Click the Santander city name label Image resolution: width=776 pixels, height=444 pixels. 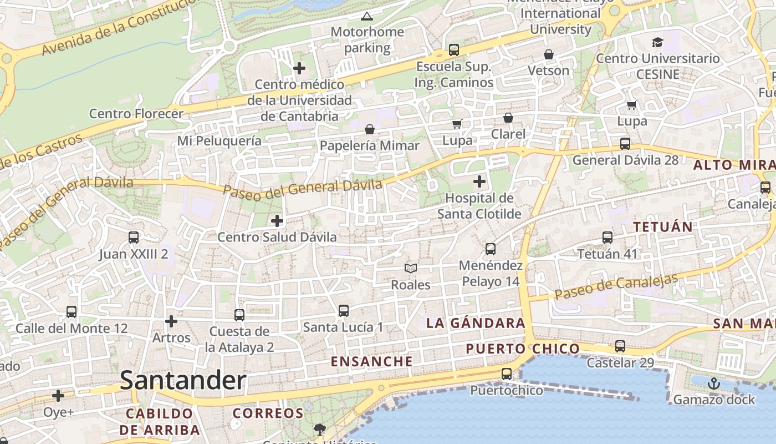click(183, 381)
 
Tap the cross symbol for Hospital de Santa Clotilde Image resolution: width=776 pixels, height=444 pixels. click(479, 181)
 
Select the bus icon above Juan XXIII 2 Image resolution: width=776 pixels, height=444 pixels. click(134, 238)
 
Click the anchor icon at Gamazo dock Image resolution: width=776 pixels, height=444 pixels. click(714, 384)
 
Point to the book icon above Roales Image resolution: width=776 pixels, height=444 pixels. click(411, 269)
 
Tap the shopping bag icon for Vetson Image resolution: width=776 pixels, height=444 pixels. click(549, 54)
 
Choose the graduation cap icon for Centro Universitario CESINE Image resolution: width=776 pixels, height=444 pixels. click(657, 42)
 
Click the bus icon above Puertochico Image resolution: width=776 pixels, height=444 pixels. click(507, 374)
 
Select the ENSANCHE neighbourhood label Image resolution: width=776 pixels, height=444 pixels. click(372, 361)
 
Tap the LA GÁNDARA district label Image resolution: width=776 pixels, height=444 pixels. click(476, 323)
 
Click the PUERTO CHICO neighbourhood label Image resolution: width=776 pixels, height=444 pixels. click(523, 349)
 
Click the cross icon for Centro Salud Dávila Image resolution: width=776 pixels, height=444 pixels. click(277, 221)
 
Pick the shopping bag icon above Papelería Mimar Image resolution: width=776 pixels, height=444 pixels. click(370, 129)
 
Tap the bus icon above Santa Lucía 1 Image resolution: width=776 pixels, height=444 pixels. click(344, 311)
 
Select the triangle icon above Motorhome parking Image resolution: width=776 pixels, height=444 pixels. click(367, 16)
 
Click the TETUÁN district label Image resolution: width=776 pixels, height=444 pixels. click(663, 226)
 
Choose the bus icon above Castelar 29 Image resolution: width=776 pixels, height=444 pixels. click(620, 346)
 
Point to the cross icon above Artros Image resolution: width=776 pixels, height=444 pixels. click(171, 321)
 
